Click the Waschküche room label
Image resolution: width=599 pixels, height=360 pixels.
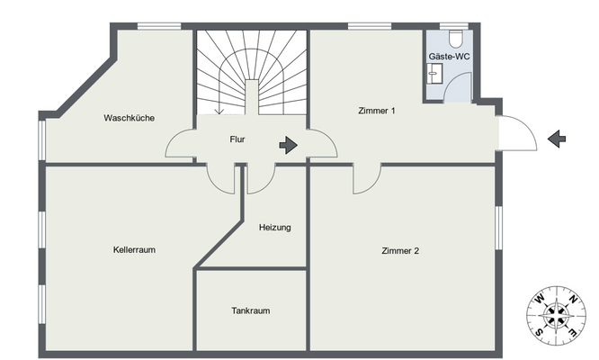coord(130,118)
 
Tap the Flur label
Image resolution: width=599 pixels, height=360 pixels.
coord(237,139)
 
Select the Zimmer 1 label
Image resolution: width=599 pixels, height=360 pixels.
coord(377,111)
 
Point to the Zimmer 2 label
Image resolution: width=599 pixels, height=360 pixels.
coord(400,251)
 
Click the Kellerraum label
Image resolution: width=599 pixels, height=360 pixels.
coord(134,250)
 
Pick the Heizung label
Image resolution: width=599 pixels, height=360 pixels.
coord(274,228)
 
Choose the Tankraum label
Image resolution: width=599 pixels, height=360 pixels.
coord(251,310)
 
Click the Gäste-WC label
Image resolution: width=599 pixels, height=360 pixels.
coord(449,57)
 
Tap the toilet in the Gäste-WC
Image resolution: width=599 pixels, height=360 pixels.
coord(456,38)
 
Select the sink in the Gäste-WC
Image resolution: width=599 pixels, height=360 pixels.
coord(434,73)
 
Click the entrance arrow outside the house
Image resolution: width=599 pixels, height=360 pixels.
coord(557,139)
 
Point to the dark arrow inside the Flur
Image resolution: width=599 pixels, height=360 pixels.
coord(289,145)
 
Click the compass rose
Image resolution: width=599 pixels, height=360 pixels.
coord(556,316)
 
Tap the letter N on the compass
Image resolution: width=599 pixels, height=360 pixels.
coord(572,299)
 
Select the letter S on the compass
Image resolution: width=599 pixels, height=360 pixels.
coord(539,332)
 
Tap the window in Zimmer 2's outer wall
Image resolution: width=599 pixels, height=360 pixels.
coord(498,229)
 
